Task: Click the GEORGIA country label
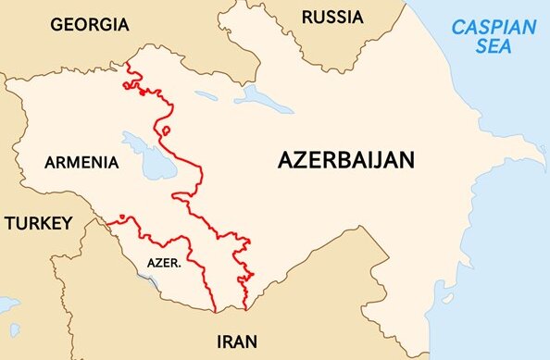[90, 24]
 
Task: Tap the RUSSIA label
[332, 16]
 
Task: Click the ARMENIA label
[81, 163]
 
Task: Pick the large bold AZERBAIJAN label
[346, 159]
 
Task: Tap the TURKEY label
[36, 223]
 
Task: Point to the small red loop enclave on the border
[165, 130]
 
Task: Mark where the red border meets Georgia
[125, 64]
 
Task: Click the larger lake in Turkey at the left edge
[7, 304]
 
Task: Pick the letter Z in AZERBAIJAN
[303, 159]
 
